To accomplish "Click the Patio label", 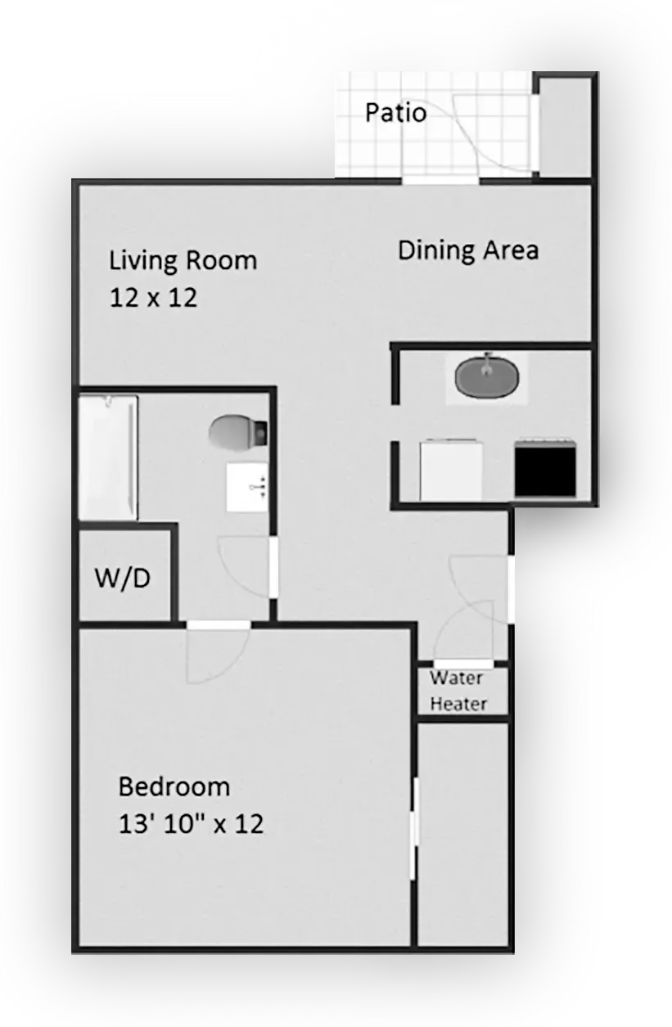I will pyautogui.click(x=395, y=112).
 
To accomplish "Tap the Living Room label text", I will pyautogui.click(x=183, y=260).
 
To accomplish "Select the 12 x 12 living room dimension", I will pyautogui.click(x=153, y=298).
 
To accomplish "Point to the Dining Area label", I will pyautogui.click(x=467, y=250).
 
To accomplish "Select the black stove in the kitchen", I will pyautogui.click(x=545, y=469).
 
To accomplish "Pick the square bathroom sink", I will pyautogui.click(x=248, y=486).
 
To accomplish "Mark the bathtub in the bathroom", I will pyautogui.click(x=107, y=457).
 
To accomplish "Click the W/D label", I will pyautogui.click(x=123, y=579).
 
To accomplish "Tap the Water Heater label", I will pyautogui.click(x=458, y=691).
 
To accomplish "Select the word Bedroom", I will pyautogui.click(x=174, y=787).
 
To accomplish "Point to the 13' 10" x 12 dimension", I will pyautogui.click(x=191, y=823).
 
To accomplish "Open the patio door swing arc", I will pyautogui.click(x=495, y=135).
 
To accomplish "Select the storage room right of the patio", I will pyautogui.click(x=564, y=127).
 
